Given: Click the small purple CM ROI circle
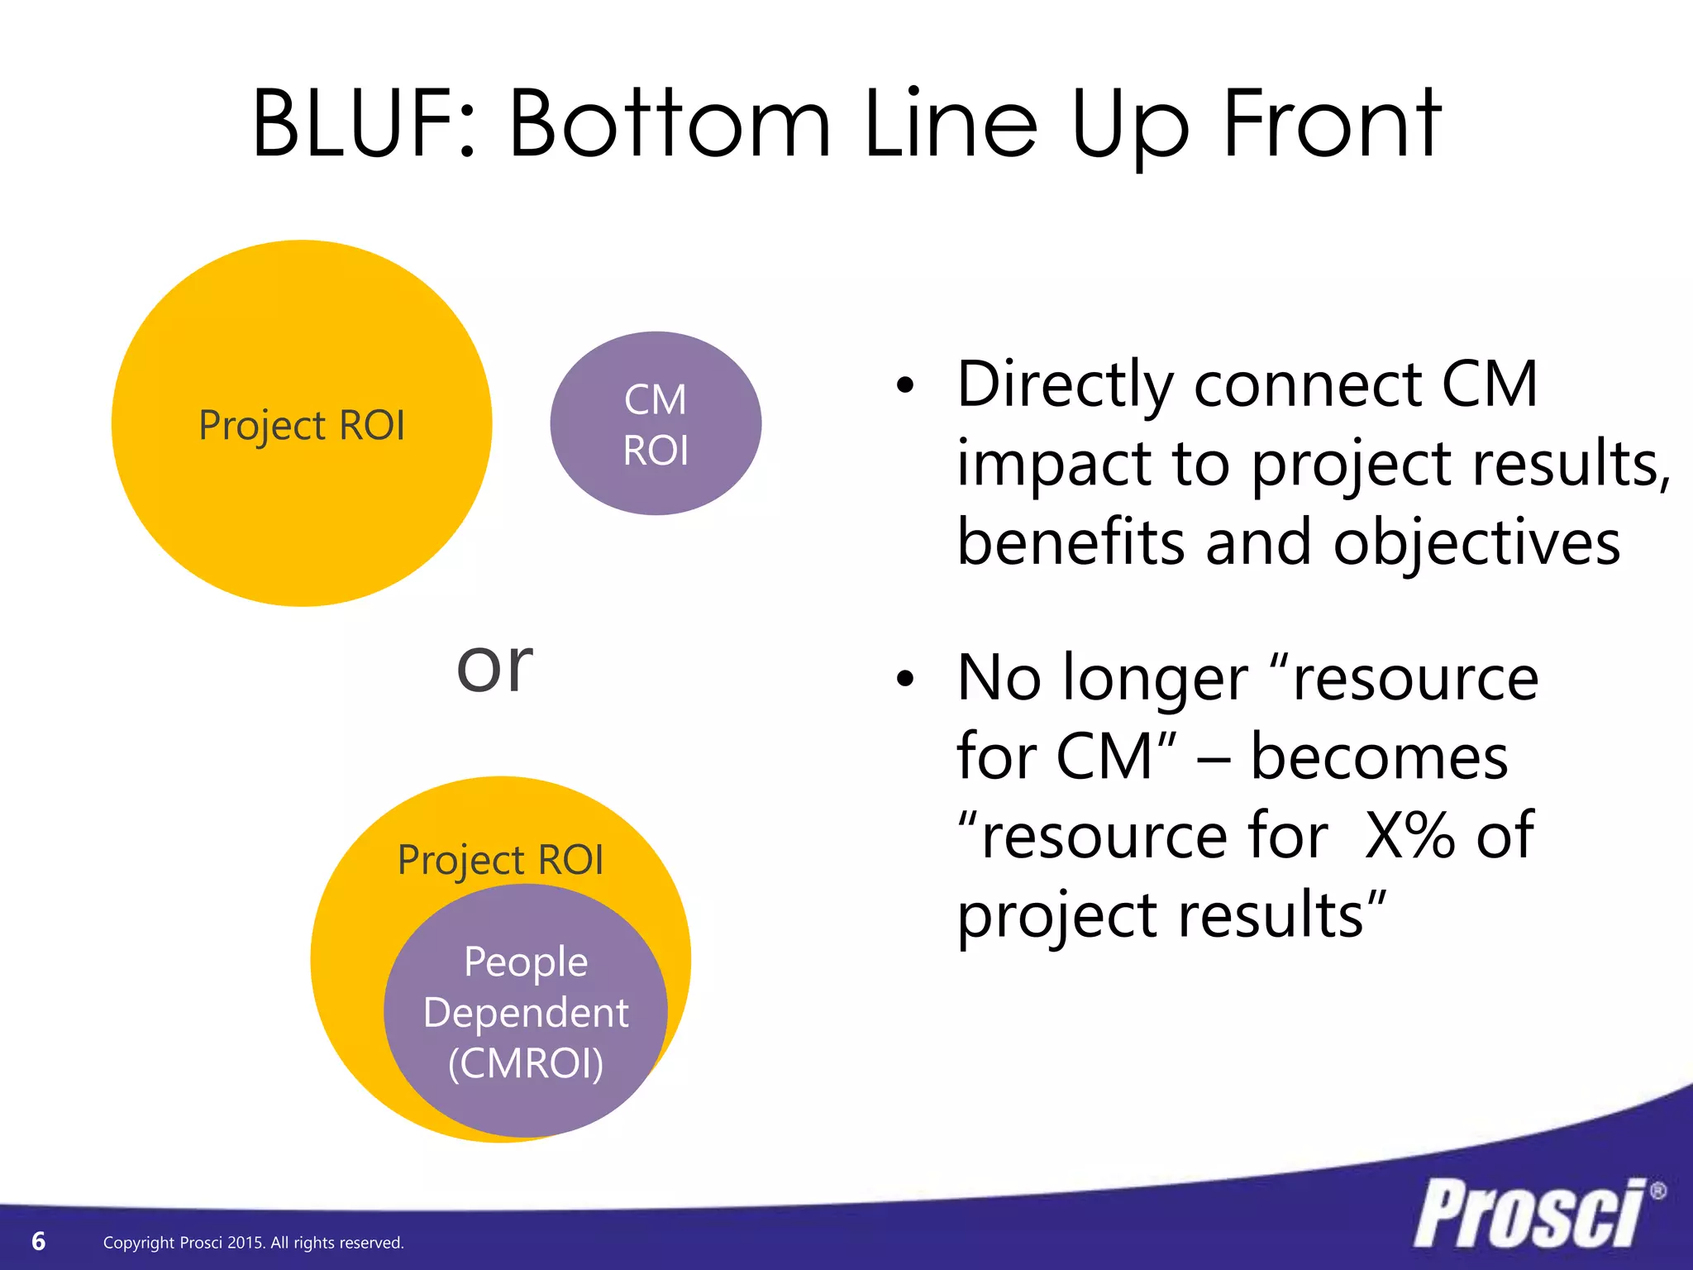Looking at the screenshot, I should [x=656, y=423].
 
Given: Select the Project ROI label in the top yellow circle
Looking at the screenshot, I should [x=302, y=426].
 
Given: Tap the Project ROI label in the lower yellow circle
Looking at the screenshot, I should [x=500, y=860].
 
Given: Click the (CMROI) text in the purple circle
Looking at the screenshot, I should [x=526, y=1063].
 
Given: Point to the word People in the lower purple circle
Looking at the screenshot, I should [x=526, y=962].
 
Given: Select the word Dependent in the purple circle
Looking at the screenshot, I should [x=526, y=1013].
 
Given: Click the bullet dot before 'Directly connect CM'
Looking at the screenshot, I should [x=906, y=385].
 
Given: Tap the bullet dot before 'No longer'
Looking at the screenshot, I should [x=906, y=679].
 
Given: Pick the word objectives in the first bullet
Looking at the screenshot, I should [x=1476, y=543].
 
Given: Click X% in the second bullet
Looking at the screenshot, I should [x=1409, y=835].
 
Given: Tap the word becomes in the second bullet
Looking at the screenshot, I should [x=1378, y=757].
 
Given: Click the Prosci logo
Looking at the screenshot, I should [x=1529, y=1214].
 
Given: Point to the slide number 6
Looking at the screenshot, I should [x=38, y=1241].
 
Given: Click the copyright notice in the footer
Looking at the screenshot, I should [x=253, y=1243].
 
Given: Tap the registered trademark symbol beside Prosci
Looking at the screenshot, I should [x=1657, y=1191].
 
